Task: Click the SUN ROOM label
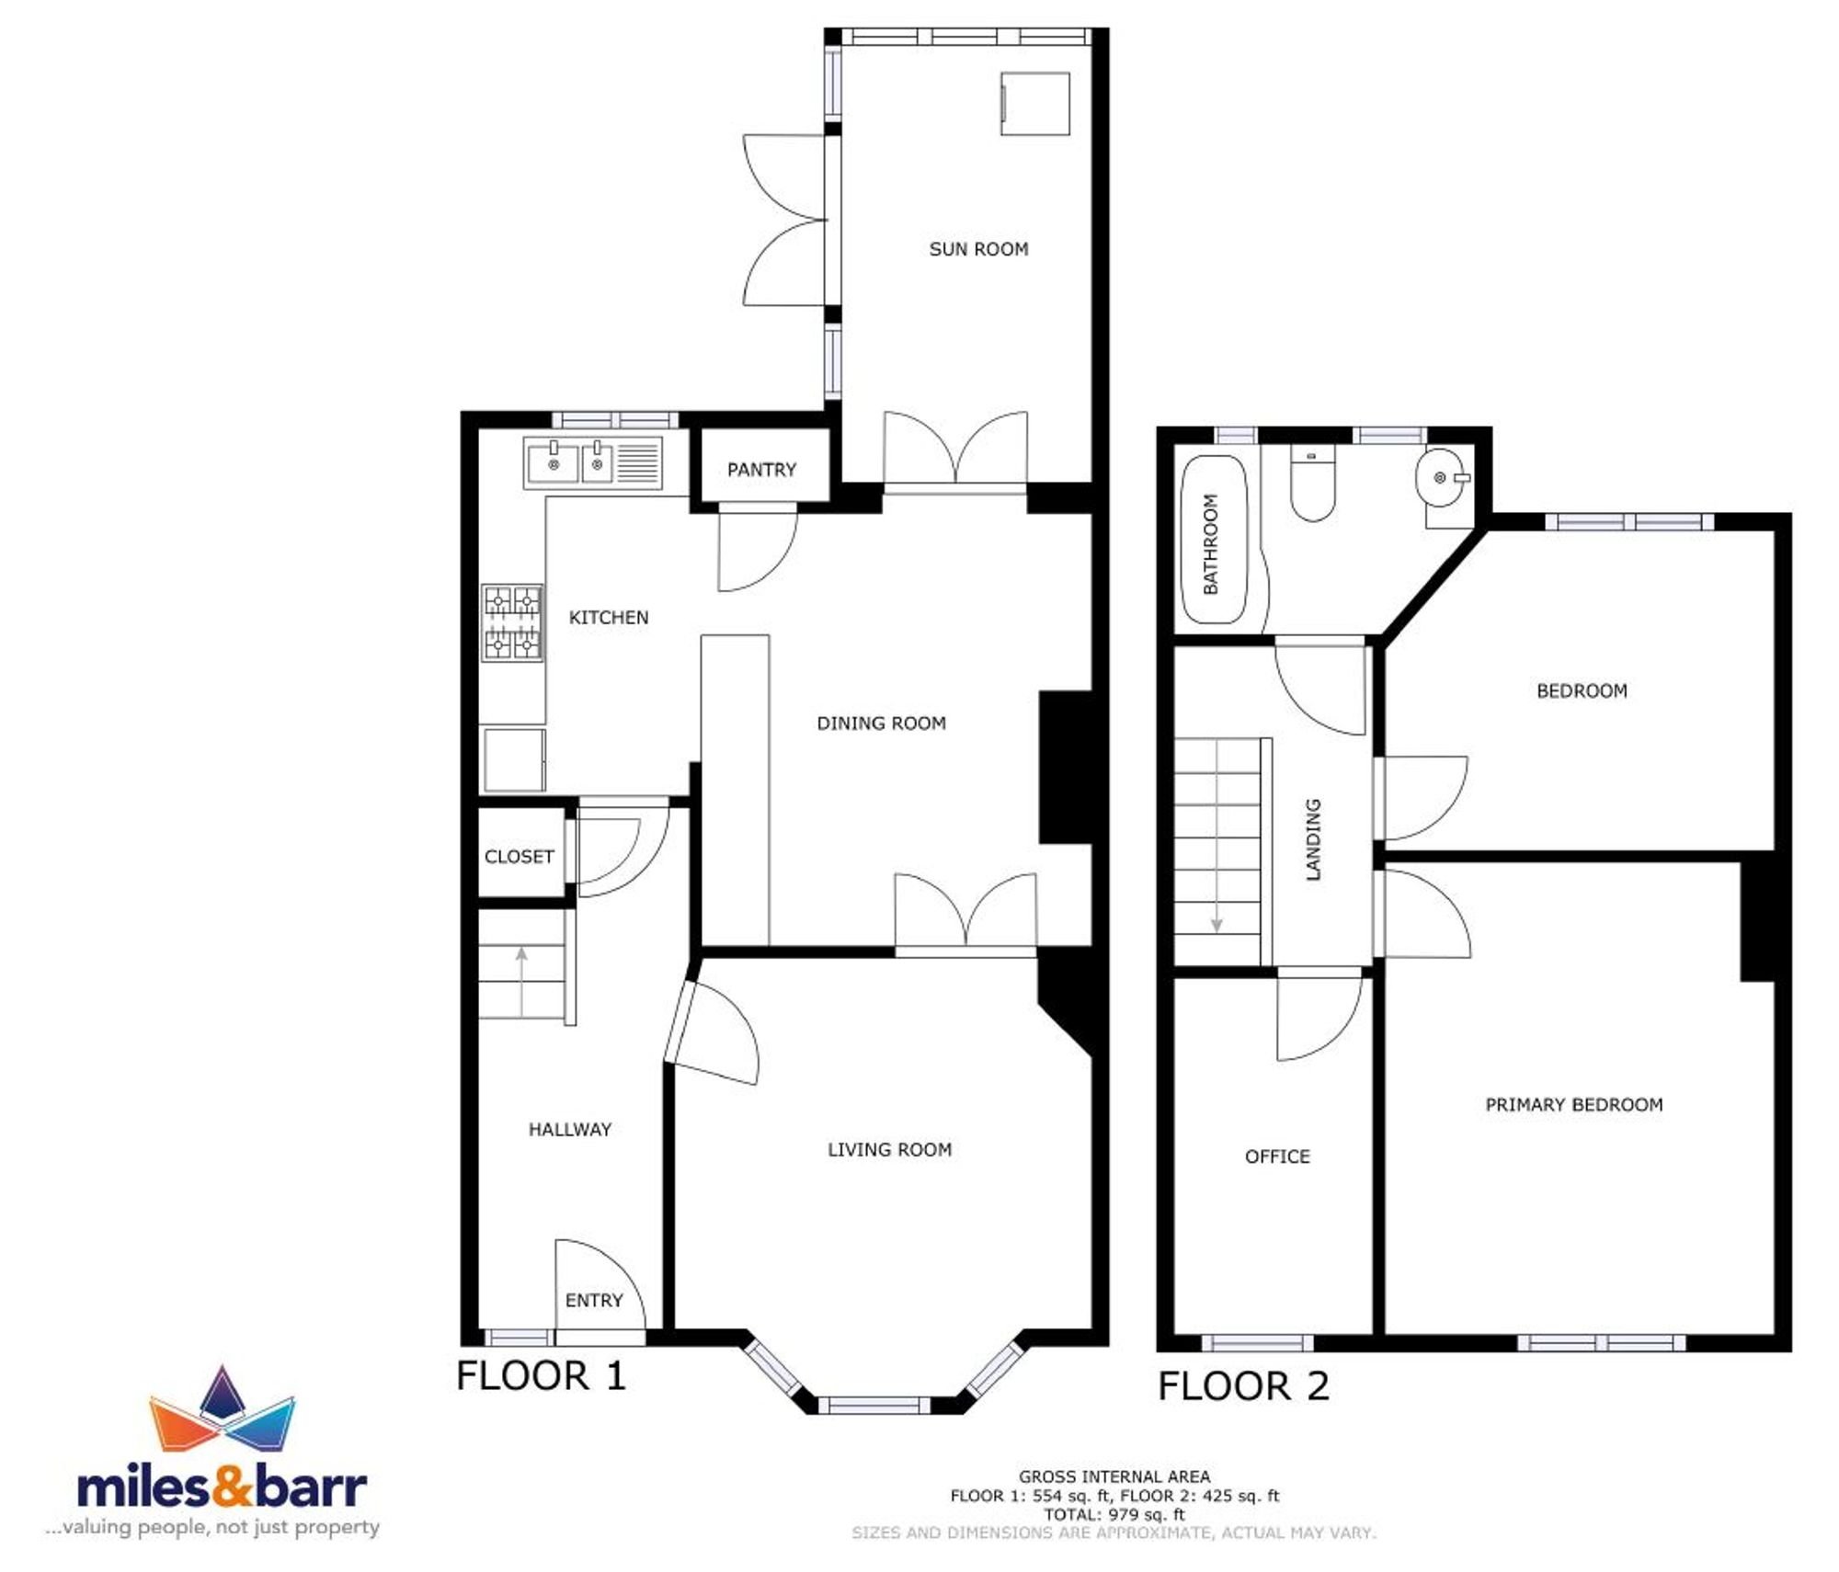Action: pos(978,249)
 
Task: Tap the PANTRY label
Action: pos(761,470)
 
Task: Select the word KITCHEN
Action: pos(609,618)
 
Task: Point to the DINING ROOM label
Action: pos(881,723)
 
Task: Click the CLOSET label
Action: pos(520,857)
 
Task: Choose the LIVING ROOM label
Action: pos(889,1149)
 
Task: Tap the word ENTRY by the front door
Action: pos(594,1300)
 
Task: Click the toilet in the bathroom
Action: pos(1313,484)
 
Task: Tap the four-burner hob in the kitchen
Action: pos(513,622)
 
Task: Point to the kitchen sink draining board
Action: pos(637,462)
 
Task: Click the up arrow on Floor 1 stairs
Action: pos(521,981)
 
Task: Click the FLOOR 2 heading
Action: pos(1243,1386)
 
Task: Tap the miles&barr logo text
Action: pos(222,1488)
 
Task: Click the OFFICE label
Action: pos(1277,1156)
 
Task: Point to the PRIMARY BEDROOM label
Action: pos(1574,1105)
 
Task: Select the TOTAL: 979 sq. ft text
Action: pos(1114,1514)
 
